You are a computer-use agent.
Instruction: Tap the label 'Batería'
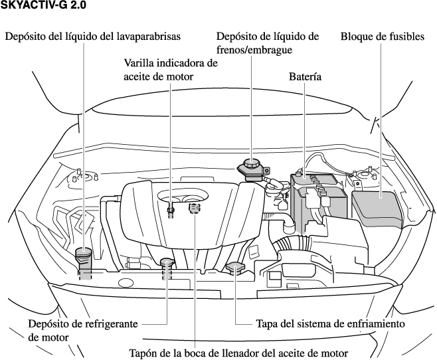pyautogui.click(x=305, y=77)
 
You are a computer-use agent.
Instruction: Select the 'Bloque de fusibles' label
pyautogui.click(x=382, y=37)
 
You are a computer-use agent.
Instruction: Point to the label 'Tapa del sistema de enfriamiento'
pyautogui.click(x=330, y=324)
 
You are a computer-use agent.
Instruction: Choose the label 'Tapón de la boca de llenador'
pyautogui.click(x=237, y=352)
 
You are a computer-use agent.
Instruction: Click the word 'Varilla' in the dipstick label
pyautogui.click(x=141, y=63)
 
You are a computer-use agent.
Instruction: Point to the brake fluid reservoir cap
pyautogui.click(x=253, y=163)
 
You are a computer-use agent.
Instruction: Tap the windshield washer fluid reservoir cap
pyautogui.click(x=84, y=254)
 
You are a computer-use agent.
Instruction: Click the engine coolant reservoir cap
pyautogui.click(x=166, y=264)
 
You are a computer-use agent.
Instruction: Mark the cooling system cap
pyautogui.click(x=235, y=268)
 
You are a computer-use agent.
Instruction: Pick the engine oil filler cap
pyautogui.click(x=195, y=209)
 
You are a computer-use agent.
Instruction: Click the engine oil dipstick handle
pyautogui.click(x=171, y=210)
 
